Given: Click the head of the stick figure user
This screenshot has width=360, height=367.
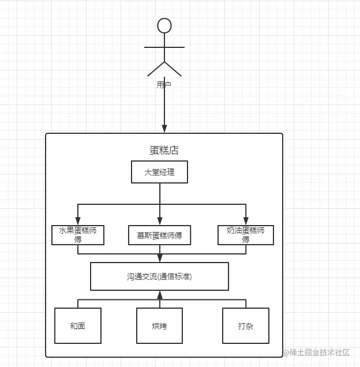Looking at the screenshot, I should pos(164,25).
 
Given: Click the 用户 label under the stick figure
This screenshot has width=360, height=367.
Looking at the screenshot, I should pos(164,84).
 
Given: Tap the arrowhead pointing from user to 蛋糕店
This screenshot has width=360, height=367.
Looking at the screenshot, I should pos(164,128).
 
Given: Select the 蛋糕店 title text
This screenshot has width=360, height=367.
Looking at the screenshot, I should pos(164,151).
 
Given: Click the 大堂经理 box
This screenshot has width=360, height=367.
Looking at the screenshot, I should pos(159,172).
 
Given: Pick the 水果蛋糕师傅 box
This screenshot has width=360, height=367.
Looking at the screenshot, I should pos(78,234).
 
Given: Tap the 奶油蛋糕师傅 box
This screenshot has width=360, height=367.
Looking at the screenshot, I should pos(246,234).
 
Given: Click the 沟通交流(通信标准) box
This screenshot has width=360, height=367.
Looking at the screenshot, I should pos(159,276).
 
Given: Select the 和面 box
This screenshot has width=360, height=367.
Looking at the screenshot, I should pos(77,325).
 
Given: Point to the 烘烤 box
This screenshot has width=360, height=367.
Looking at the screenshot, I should pos(159,325).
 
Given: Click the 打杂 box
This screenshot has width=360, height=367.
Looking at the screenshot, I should pos(246,325).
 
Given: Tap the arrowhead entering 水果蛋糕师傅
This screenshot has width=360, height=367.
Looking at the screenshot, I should pos(78,220).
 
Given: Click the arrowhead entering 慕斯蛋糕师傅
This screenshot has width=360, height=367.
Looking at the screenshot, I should pos(159,221).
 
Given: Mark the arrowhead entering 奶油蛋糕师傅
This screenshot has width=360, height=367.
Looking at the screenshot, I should pos(246,220).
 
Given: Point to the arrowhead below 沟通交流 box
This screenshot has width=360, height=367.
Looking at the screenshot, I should pos(159,295).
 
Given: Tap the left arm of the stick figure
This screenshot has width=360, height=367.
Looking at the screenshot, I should pos(153,47).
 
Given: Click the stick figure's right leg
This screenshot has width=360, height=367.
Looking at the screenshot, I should pos(174,69).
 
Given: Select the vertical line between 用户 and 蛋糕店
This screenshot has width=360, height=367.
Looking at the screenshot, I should pos(164,107).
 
